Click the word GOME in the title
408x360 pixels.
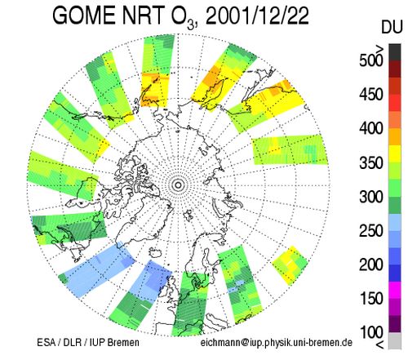coord(84,16)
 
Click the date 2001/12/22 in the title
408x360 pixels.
coord(257,16)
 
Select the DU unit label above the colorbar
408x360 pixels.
coord(392,27)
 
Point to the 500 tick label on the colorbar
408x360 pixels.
coord(371,60)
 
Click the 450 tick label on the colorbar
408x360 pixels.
coord(371,95)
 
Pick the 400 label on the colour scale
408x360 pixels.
coord(371,128)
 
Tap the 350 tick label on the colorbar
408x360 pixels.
coord(371,162)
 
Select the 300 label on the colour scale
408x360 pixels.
coord(371,197)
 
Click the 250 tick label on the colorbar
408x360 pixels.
coord(371,231)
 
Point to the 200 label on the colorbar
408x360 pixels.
coord(371,264)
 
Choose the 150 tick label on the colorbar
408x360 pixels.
coord(371,299)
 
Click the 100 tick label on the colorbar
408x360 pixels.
coord(371,332)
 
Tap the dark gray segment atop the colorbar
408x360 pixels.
coord(395,52)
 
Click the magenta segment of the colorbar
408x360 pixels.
coord(395,290)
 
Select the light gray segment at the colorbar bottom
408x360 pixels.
coord(395,340)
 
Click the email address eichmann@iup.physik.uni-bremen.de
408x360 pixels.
coord(277,342)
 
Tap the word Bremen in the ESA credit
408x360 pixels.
coord(123,342)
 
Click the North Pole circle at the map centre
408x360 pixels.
coord(178,185)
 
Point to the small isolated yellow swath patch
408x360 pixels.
coord(290,264)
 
